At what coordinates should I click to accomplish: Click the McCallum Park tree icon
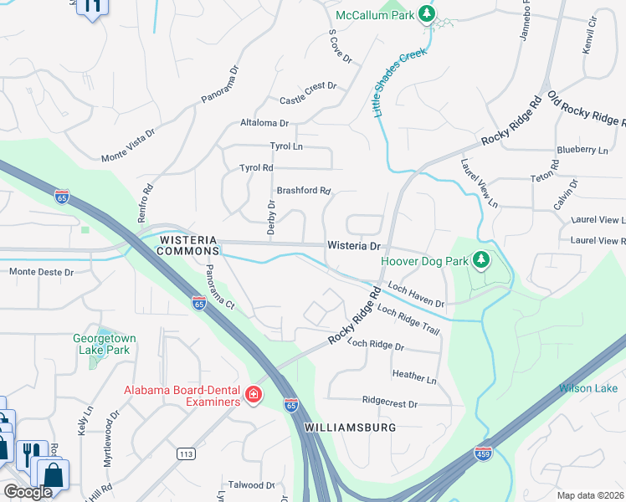pyautogui.click(x=428, y=14)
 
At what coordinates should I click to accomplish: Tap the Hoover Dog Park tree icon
pyautogui.click(x=480, y=261)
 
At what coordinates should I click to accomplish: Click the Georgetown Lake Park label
pyautogui.click(x=104, y=344)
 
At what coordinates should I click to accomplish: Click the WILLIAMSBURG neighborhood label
pyautogui.click(x=349, y=427)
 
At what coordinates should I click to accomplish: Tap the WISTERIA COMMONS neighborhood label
pyautogui.click(x=188, y=245)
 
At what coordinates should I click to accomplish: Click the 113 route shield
pyautogui.click(x=187, y=453)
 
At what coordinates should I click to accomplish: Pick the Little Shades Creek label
pyautogui.click(x=400, y=81)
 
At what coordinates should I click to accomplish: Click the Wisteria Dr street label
pyautogui.click(x=354, y=246)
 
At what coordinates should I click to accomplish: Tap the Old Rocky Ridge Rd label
pyautogui.click(x=585, y=109)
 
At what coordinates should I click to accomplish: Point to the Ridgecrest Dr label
pyautogui.click(x=389, y=403)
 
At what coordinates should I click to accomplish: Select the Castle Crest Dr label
pyautogui.click(x=308, y=86)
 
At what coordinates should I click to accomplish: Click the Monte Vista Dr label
pyautogui.click(x=128, y=146)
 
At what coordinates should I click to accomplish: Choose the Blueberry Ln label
pyautogui.click(x=582, y=151)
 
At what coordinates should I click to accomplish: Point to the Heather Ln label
pyautogui.click(x=414, y=379)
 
